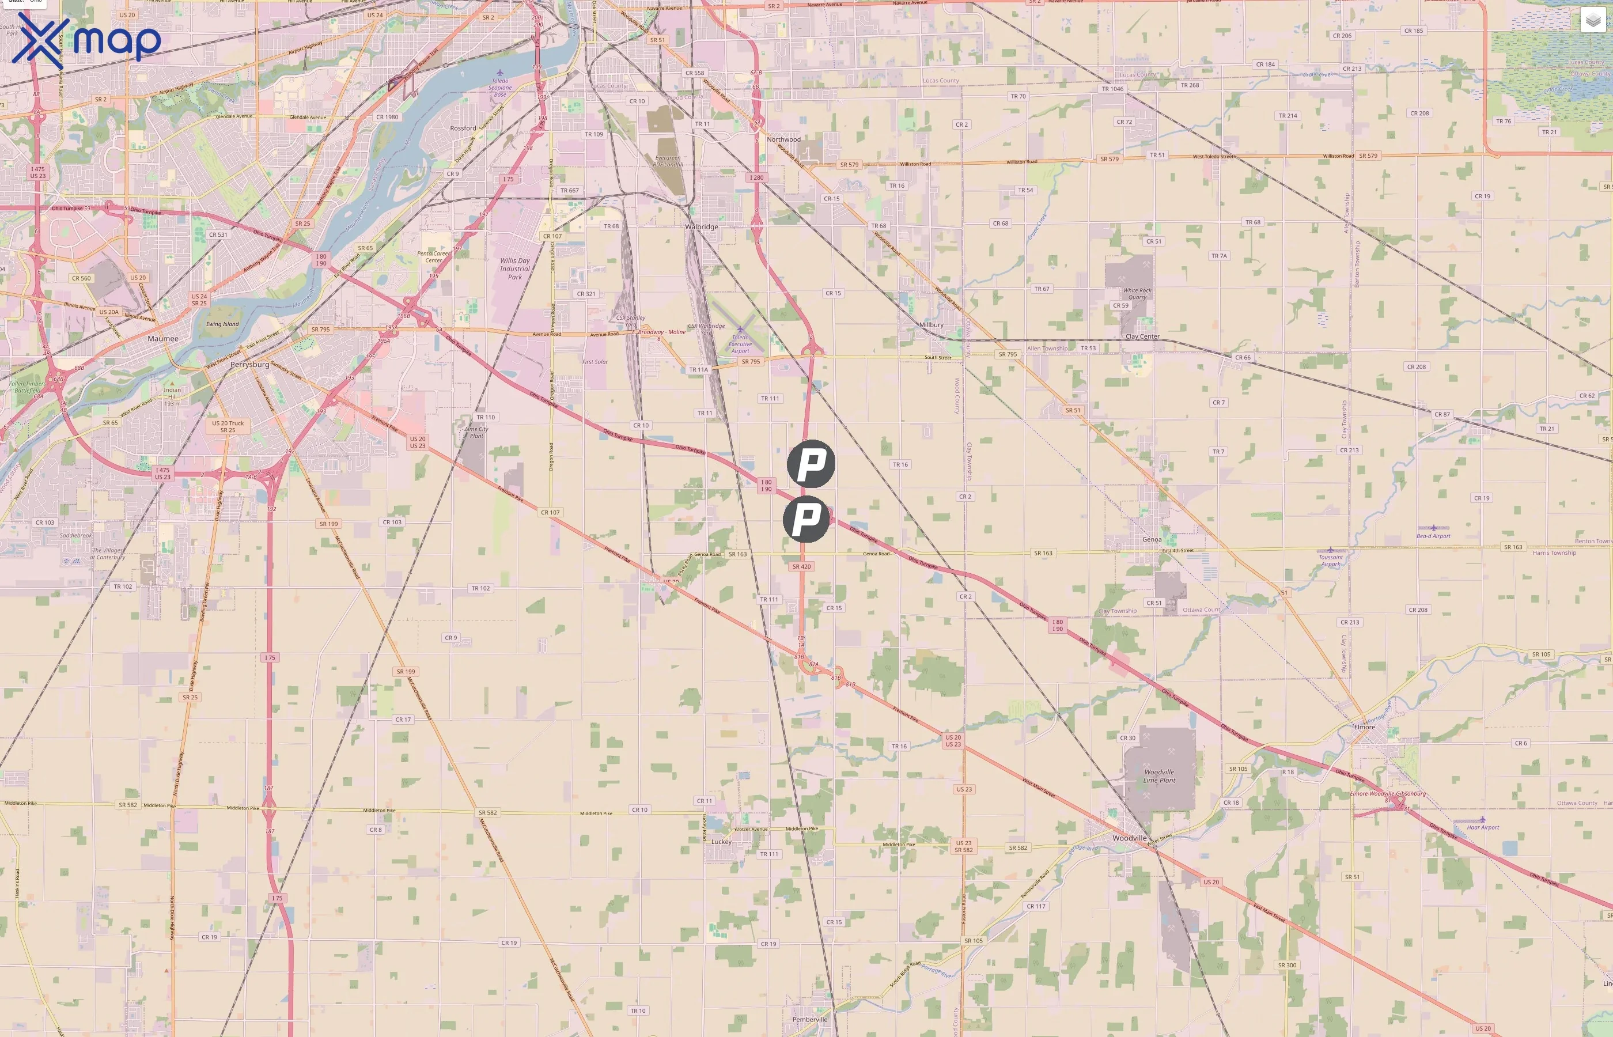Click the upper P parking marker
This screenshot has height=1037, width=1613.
(x=811, y=464)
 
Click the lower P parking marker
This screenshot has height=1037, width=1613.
(x=806, y=519)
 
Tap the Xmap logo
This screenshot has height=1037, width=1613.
(x=86, y=39)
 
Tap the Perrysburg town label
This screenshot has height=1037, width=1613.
(x=250, y=364)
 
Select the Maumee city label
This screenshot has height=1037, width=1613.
(x=163, y=339)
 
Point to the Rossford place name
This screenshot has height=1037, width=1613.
(x=463, y=128)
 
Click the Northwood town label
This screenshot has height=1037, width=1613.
(x=783, y=139)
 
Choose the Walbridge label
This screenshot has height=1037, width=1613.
(x=702, y=227)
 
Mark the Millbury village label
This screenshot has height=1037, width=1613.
(x=931, y=324)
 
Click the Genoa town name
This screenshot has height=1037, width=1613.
(x=1152, y=539)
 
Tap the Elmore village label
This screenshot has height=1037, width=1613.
(x=1365, y=727)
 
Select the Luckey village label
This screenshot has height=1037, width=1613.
(x=721, y=842)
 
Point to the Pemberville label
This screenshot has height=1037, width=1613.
(x=810, y=1020)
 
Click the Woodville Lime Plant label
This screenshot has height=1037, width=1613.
(x=1159, y=777)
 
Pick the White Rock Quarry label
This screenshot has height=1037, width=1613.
(x=1137, y=294)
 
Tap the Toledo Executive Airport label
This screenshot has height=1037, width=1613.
(x=740, y=344)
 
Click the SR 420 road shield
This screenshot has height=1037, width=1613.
(x=801, y=566)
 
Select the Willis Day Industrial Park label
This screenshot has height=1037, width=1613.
(x=515, y=268)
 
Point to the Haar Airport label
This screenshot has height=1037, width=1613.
(x=1483, y=827)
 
